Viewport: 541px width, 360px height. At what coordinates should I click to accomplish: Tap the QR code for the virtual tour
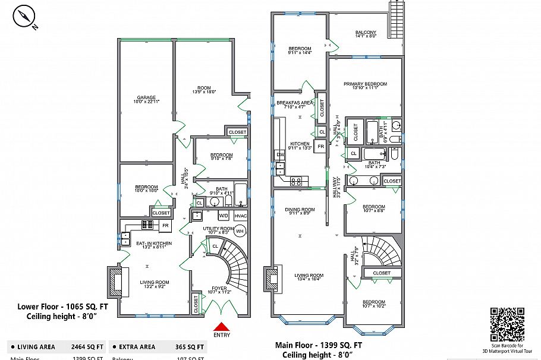coord(507,324)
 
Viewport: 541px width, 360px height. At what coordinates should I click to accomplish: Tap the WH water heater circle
coord(240,230)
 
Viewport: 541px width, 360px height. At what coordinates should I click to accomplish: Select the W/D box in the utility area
coord(224,215)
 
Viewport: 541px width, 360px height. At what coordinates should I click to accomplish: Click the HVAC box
coord(240,215)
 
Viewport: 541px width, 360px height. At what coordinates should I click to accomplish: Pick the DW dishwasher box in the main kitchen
coord(280,154)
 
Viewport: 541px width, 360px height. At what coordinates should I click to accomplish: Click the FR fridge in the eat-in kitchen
coord(165,226)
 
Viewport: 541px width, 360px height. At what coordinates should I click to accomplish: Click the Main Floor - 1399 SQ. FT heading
coord(319,345)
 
